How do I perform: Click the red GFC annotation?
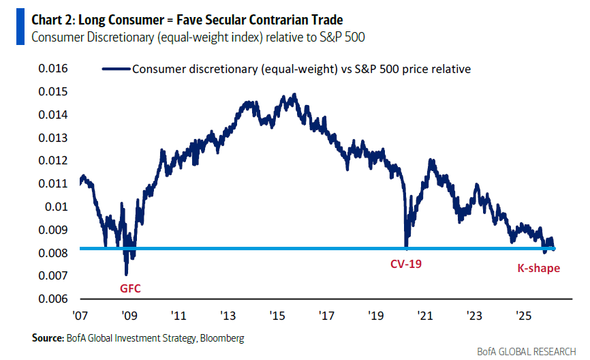130,288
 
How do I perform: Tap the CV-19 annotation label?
405,262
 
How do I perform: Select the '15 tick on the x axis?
277,316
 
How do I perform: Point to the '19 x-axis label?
375,316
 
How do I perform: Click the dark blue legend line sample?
116,69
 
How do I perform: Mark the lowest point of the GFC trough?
127,275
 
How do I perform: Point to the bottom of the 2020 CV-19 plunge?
406,247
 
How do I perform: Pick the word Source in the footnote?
46,338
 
